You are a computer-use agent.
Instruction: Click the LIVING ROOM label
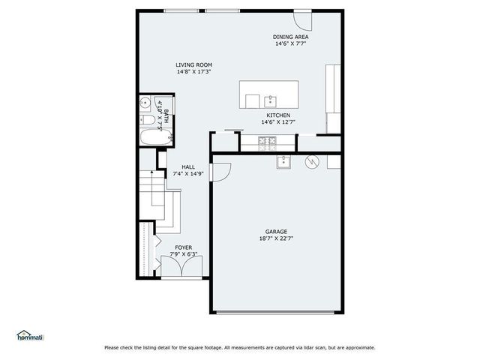click(x=194, y=65)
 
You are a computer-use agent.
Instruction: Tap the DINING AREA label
click(x=291, y=37)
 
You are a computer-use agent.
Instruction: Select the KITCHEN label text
click(x=273, y=115)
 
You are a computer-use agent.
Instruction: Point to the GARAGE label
click(x=276, y=232)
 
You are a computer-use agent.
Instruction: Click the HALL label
click(x=188, y=167)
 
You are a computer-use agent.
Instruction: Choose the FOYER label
click(x=183, y=247)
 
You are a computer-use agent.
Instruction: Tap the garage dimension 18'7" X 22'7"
click(x=276, y=238)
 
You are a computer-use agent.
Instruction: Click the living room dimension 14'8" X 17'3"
click(x=194, y=73)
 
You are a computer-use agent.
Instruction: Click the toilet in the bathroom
click(x=148, y=120)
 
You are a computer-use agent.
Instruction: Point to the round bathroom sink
click(x=144, y=103)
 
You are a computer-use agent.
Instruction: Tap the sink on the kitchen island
click(x=270, y=100)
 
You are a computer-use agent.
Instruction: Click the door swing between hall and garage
click(x=221, y=172)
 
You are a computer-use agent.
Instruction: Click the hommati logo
click(x=30, y=336)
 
